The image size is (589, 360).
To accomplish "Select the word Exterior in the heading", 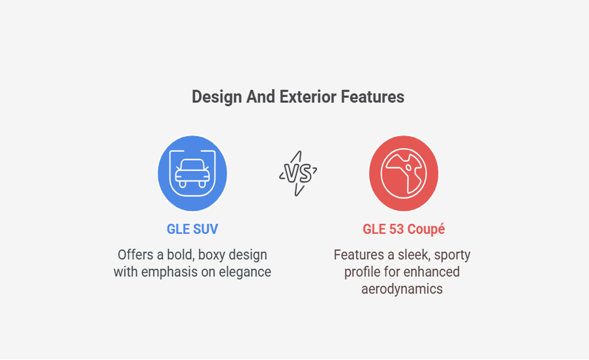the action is coord(308,97).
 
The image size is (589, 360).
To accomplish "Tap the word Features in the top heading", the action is coord(373,97).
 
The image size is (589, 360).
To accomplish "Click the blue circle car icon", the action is coord(192,173).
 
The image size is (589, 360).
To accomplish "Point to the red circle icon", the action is coord(404,173).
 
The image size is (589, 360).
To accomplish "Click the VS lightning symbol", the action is coord(298,173).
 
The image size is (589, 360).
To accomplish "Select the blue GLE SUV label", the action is coord(192,229).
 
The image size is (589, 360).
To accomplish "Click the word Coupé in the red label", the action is coord(426,229).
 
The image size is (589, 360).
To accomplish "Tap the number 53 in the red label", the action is coord(396,229).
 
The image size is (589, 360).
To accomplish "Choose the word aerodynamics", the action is coord(402,289).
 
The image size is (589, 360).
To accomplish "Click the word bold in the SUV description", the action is coord(180,255).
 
